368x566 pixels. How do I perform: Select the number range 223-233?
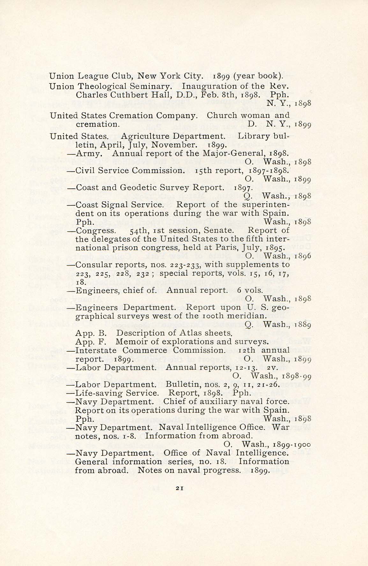[184, 265]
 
